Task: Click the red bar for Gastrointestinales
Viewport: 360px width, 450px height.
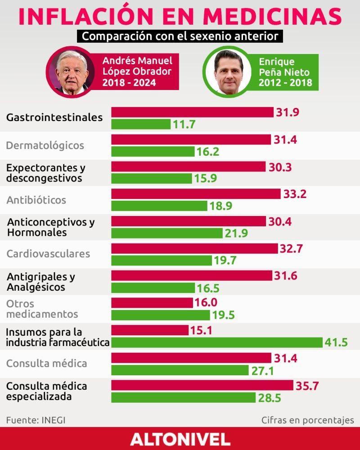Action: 192,112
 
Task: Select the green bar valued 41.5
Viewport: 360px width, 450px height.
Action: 217,342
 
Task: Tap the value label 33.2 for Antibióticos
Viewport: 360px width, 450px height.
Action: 295,194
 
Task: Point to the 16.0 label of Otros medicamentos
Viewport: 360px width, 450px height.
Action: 206,302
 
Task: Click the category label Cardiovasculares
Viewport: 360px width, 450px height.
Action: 48,254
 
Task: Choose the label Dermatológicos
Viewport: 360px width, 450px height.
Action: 45,145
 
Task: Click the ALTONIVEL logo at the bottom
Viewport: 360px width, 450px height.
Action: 180,439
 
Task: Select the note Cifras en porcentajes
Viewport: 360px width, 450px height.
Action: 307,420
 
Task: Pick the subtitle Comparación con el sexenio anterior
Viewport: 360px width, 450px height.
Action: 180,36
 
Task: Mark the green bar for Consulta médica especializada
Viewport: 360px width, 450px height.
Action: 183,397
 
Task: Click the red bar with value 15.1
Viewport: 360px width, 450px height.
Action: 150,330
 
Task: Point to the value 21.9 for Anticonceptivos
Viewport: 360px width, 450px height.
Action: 236,234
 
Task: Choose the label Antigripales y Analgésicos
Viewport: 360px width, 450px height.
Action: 40,281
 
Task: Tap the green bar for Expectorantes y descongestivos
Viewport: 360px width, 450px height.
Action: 152,178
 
